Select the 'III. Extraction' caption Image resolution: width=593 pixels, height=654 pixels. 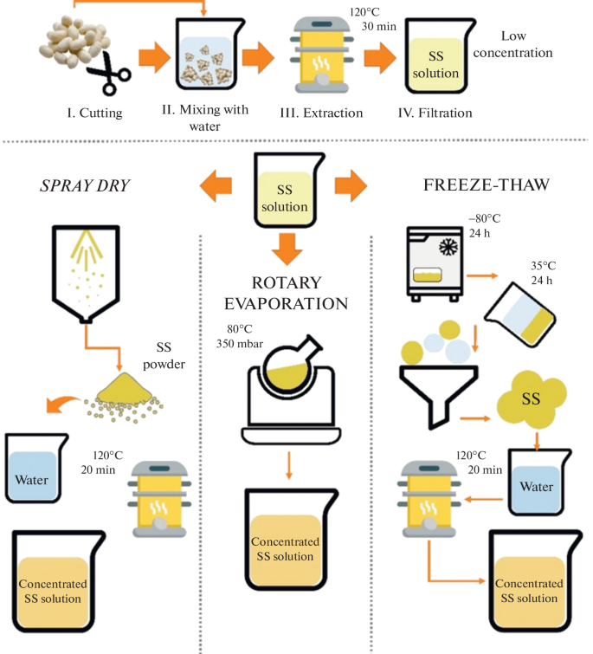[x=321, y=113]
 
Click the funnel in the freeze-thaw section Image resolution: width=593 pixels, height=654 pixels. [x=429, y=386]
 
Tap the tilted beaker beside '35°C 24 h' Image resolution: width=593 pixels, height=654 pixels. [x=520, y=307]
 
